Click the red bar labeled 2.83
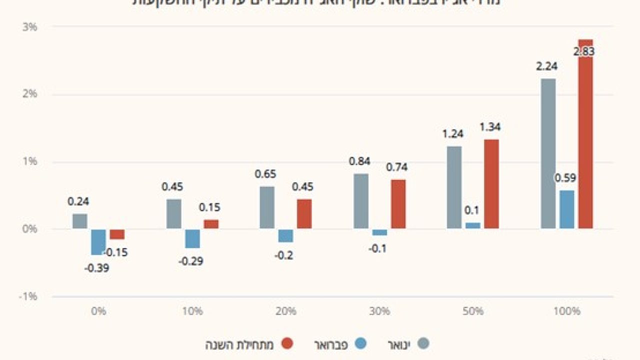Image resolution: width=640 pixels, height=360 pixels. click(x=585, y=135)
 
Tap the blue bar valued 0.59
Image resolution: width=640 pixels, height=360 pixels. click(x=566, y=209)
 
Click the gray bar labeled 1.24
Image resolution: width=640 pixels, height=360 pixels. click(x=454, y=187)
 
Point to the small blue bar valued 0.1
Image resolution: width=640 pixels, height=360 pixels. click(x=473, y=225)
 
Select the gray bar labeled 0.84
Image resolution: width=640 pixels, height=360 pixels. click(x=361, y=201)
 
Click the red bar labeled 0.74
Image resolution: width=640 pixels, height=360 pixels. click(x=398, y=204)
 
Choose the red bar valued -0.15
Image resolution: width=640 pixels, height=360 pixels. click(x=117, y=234)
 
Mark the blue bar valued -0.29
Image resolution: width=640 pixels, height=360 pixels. click(x=192, y=238)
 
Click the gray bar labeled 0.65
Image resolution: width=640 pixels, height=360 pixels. click(x=267, y=207)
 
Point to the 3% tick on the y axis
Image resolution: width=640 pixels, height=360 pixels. click(x=30, y=27)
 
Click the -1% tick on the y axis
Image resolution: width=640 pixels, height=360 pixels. click(x=28, y=296)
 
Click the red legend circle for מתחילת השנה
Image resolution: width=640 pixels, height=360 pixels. click(x=287, y=344)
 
